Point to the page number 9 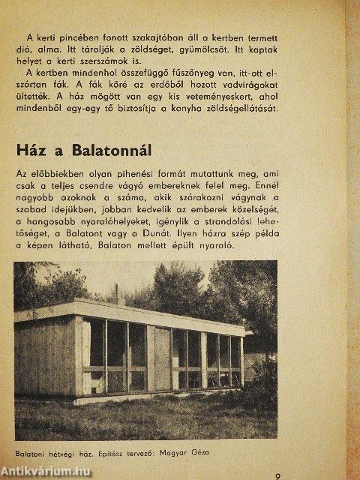click(x=277, y=475)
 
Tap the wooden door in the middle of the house click(x=162, y=357)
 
